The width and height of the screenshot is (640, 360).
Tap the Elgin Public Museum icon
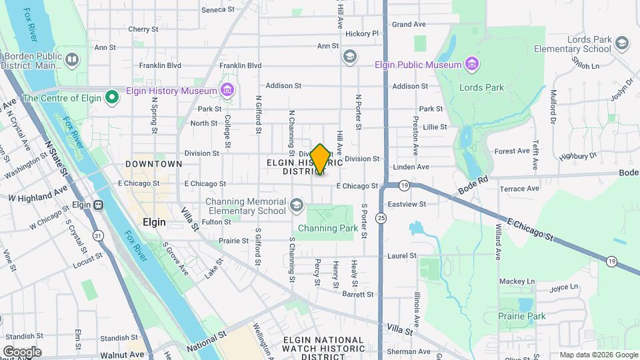click(x=472, y=65)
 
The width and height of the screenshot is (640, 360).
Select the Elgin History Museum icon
click(x=227, y=90)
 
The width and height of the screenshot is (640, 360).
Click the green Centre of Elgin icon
click(x=112, y=98)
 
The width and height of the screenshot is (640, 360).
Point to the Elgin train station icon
click(x=99, y=205)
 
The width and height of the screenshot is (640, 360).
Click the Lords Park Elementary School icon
click(x=621, y=44)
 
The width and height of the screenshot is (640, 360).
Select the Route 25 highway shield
click(x=381, y=217)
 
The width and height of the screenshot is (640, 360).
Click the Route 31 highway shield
click(x=98, y=236)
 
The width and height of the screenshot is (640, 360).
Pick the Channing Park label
click(x=329, y=229)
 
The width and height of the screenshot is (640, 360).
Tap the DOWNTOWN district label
click(x=153, y=164)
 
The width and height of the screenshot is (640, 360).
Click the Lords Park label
click(x=481, y=87)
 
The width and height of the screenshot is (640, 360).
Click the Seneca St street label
click(x=218, y=10)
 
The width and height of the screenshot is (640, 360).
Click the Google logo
click(x=22, y=352)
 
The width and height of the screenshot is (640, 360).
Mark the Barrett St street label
click(x=358, y=294)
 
